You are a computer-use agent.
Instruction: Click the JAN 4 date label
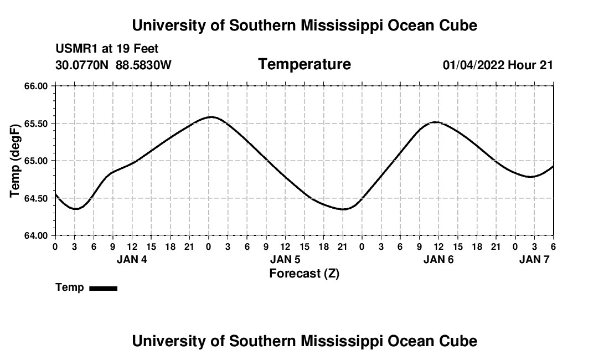pyautogui.click(x=132, y=260)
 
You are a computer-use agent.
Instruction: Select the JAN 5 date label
pyautogui.click(x=285, y=260)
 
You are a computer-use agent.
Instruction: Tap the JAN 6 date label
pyautogui.click(x=438, y=260)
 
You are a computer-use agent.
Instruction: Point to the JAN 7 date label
pyautogui.click(x=534, y=260)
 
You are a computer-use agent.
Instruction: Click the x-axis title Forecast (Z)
pyautogui.click(x=304, y=274)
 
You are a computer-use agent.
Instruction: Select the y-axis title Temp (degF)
pyautogui.click(x=16, y=161)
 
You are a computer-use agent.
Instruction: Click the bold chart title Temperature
pyautogui.click(x=304, y=65)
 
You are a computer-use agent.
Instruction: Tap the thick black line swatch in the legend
pyautogui.click(x=103, y=288)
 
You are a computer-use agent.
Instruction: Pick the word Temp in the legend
pyautogui.click(x=70, y=287)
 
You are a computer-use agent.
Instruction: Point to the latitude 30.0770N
pyautogui.click(x=82, y=65)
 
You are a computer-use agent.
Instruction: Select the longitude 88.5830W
pyautogui.click(x=143, y=65)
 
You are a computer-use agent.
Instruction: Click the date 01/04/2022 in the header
pyautogui.click(x=473, y=65)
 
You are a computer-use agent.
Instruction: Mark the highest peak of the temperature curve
pyautogui.click(x=211, y=117)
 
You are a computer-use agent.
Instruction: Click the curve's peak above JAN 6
pyautogui.click(x=436, y=122)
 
